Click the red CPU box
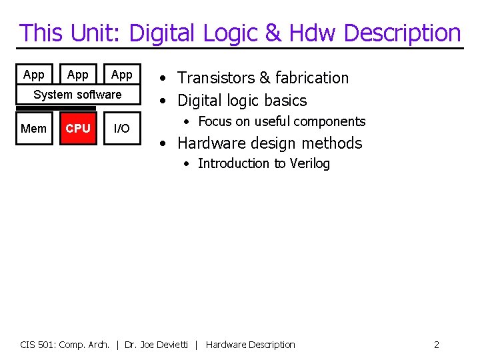78,128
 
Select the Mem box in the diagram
33,128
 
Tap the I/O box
121,128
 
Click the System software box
77,95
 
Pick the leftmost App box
33,75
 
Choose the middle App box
78,75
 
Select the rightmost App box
121,75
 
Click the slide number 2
436,345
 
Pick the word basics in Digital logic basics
285,101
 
